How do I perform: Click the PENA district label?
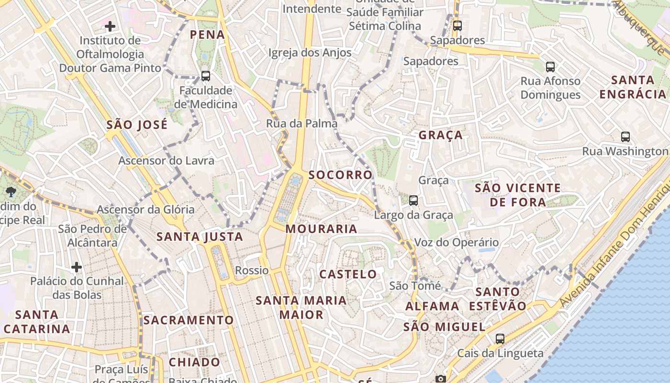(x=207, y=34)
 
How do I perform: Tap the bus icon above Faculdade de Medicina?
(x=206, y=76)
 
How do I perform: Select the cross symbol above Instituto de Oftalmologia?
(x=110, y=26)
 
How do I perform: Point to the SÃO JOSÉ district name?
(x=137, y=125)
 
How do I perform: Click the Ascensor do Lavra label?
(x=166, y=160)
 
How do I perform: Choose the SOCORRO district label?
(x=340, y=175)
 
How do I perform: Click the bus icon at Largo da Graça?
(x=413, y=201)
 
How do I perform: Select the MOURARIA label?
(x=321, y=229)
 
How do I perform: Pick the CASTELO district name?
(x=348, y=274)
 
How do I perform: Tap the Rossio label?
(x=252, y=270)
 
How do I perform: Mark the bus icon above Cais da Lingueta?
(x=500, y=339)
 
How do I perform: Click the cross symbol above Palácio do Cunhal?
(x=77, y=267)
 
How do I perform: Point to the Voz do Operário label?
(x=456, y=243)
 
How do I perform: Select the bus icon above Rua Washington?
(x=625, y=137)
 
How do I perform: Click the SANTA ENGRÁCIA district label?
(x=633, y=87)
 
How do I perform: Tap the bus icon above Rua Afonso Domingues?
(x=550, y=67)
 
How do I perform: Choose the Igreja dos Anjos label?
(x=310, y=53)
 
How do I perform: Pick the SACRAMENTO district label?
(x=189, y=320)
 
